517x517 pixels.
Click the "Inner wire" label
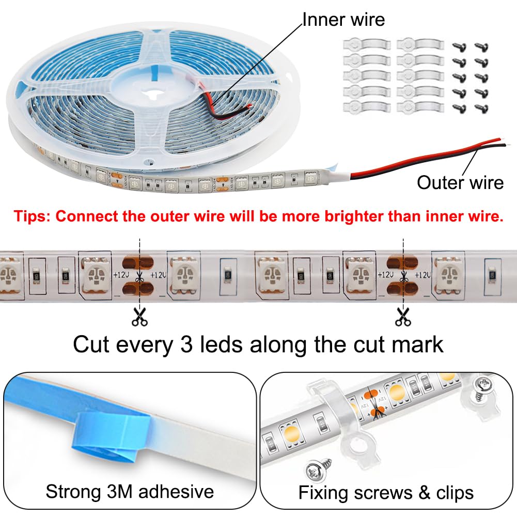click(x=343, y=20)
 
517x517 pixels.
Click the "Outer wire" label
click(x=460, y=182)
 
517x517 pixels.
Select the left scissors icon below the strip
click(x=139, y=316)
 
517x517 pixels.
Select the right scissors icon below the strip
click(x=402, y=316)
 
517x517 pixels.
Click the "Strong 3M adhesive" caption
click(x=130, y=491)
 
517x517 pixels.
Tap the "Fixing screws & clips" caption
click(x=386, y=492)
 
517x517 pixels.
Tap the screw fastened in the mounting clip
click(x=483, y=385)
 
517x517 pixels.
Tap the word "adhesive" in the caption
click(x=176, y=491)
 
